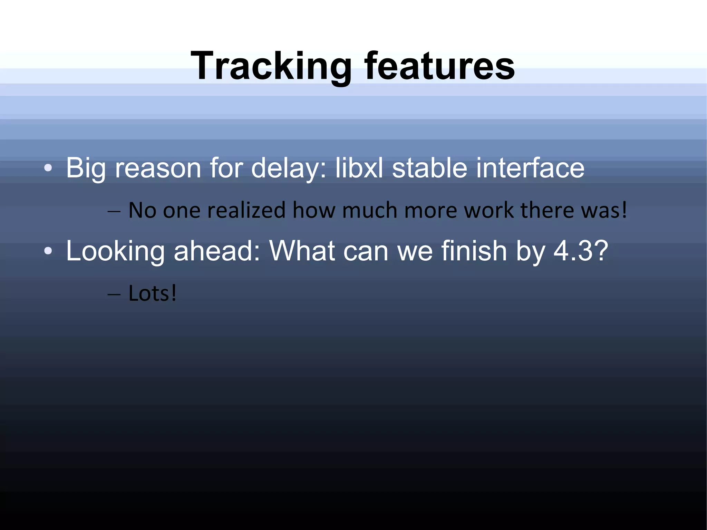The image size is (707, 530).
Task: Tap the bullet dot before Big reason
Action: click(48, 168)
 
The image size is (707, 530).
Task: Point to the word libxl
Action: click(359, 168)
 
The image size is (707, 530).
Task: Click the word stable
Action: click(430, 168)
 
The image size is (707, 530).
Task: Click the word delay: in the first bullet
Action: click(288, 168)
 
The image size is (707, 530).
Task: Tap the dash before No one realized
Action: click(114, 211)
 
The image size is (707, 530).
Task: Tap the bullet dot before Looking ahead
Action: click(48, 251)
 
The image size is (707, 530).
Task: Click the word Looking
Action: click(115, 251)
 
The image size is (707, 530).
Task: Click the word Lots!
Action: click(152, 293)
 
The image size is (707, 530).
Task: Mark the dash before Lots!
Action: click(114, 295)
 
